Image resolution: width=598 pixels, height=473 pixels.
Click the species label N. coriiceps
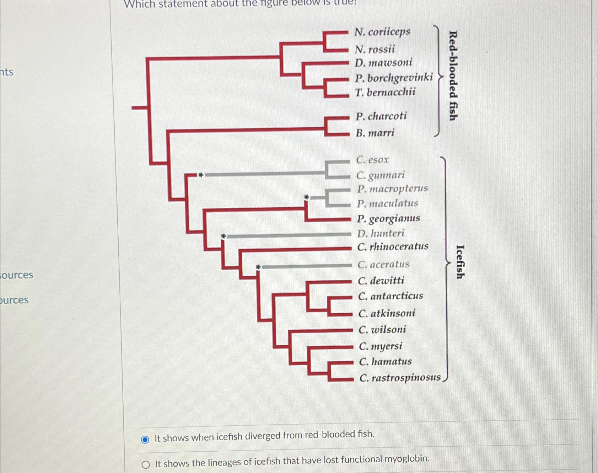point(382,32)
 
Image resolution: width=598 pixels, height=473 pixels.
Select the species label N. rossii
point(375,49)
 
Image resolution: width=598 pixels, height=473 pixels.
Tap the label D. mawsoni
point(383,63)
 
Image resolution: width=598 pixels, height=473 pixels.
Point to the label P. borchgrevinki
point(394,78)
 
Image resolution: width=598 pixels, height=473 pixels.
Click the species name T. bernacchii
point(385,92)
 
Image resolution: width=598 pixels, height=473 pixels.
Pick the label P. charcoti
point(381,116)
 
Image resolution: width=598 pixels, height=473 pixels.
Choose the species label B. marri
point(375,133)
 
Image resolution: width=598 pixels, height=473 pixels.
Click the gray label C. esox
point(372,160)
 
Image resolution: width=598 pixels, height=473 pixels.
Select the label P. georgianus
point(388,218)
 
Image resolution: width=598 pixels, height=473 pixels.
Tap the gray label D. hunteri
point(381,233)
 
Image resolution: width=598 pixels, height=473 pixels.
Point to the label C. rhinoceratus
point(393,246)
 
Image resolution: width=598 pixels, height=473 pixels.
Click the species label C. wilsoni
point(382,330)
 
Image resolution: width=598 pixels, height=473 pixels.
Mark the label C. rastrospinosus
point(400,377)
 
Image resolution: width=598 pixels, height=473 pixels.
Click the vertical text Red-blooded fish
point(453,76)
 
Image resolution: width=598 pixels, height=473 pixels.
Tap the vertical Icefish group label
point(460,262)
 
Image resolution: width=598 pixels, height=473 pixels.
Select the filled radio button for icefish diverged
point(145,440)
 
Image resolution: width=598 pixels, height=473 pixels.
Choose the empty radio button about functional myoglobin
point(146,464)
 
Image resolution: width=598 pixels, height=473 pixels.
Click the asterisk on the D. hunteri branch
point(223,236)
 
